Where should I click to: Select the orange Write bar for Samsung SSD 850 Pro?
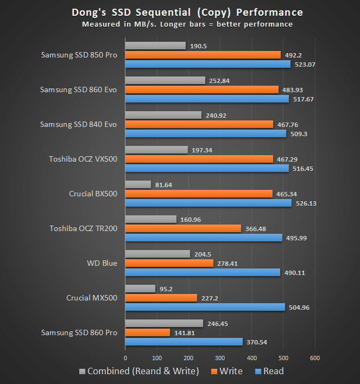pos(203,55)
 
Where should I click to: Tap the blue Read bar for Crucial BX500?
pos(208,203)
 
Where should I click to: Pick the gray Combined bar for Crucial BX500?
pos(138,185)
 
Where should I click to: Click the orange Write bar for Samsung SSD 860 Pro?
pos(148,332)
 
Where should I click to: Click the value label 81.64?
pos(165,185)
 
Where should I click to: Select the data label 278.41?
pos(227,263)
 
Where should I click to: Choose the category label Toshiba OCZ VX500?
pos(83,159)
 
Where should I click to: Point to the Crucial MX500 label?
pos(91,298)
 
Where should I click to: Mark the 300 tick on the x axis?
pos(220,358)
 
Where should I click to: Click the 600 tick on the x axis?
pos(314,358)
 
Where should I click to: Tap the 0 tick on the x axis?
pos(125,358)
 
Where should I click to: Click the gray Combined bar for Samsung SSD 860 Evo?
pos(165,80)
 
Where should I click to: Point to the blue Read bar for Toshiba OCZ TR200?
pos(204,238)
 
